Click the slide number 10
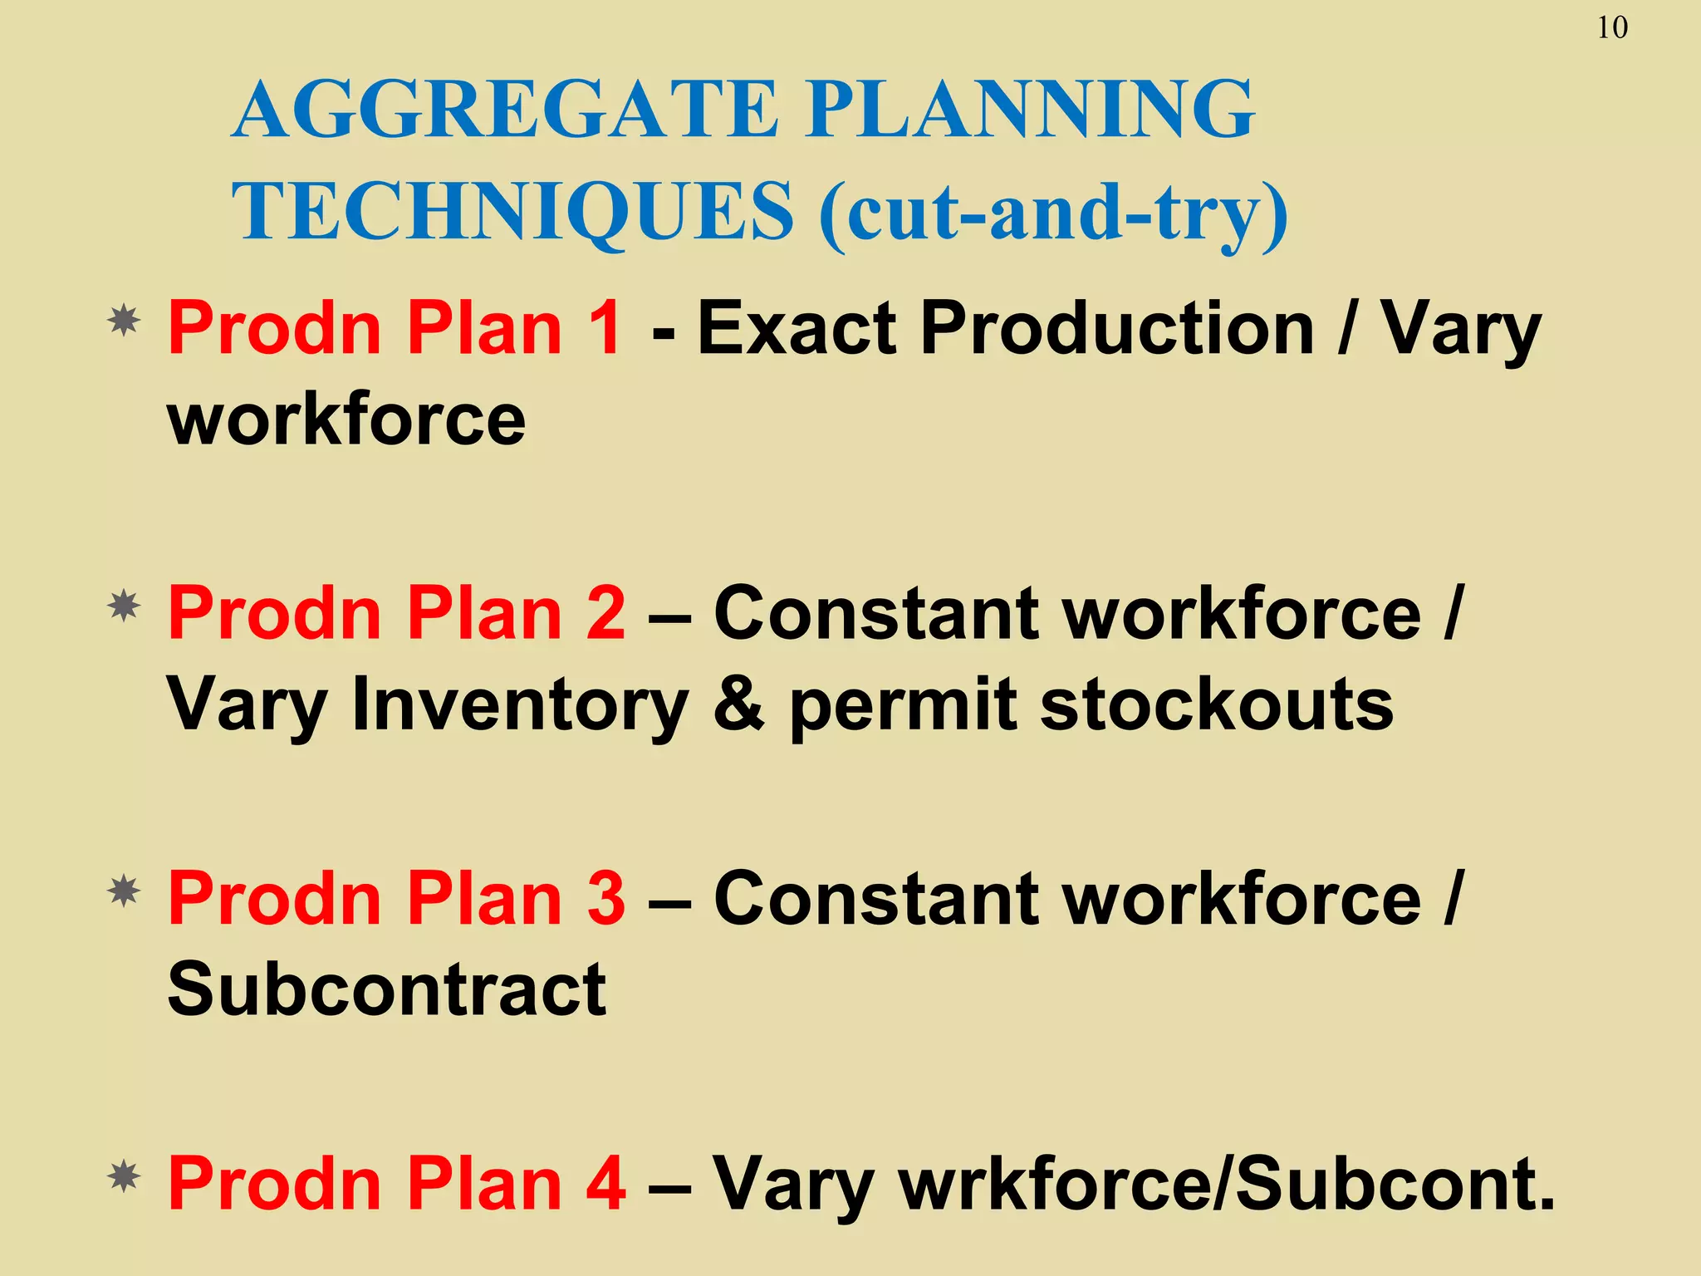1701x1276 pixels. pos(1612,28)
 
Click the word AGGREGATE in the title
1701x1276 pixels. pos(505,109)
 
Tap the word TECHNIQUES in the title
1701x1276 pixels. pos(512,211)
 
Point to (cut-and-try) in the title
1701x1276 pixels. pos(1053,213)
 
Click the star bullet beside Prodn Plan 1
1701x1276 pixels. pos(124,321)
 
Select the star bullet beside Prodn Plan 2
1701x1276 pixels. pos(124,606)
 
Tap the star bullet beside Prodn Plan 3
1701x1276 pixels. pos(124,892)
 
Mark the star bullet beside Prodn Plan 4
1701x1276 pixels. pos(124,1177)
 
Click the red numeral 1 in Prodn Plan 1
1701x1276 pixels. pos(605,328)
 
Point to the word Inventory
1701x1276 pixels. pos(520,705)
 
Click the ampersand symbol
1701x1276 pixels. pos(738,705)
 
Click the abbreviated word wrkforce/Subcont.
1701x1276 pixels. pos(1226,1184)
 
